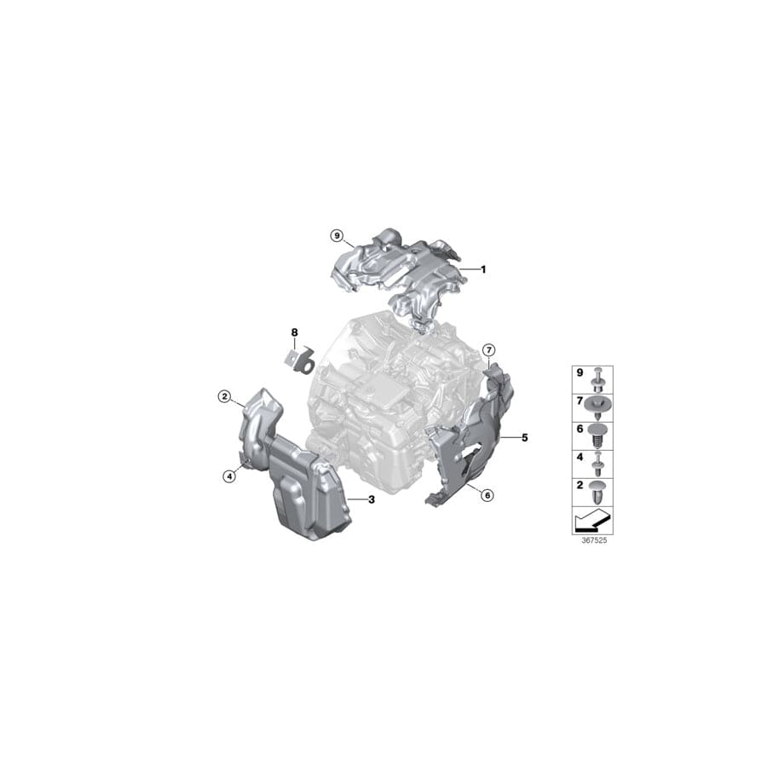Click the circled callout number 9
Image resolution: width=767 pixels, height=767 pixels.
coord(337,211)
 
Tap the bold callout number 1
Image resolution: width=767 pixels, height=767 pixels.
coord(482,269)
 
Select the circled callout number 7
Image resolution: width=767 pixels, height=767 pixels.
coord(488,350)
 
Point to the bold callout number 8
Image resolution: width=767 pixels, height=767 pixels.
coord(295,332)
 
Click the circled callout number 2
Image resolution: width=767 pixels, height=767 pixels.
coord(224,395)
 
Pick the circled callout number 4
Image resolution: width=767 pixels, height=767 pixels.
coord(229,476)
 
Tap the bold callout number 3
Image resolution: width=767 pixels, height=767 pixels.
coord(372,499)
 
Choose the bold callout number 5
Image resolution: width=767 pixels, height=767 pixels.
coord(525,438)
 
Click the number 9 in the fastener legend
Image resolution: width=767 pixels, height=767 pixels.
coord(580,374)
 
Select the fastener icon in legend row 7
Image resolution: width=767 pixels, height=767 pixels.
coord(600,401)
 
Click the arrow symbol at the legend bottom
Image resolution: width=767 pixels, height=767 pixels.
coord(592,520)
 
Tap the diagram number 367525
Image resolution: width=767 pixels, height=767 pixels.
coord(592,540)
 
